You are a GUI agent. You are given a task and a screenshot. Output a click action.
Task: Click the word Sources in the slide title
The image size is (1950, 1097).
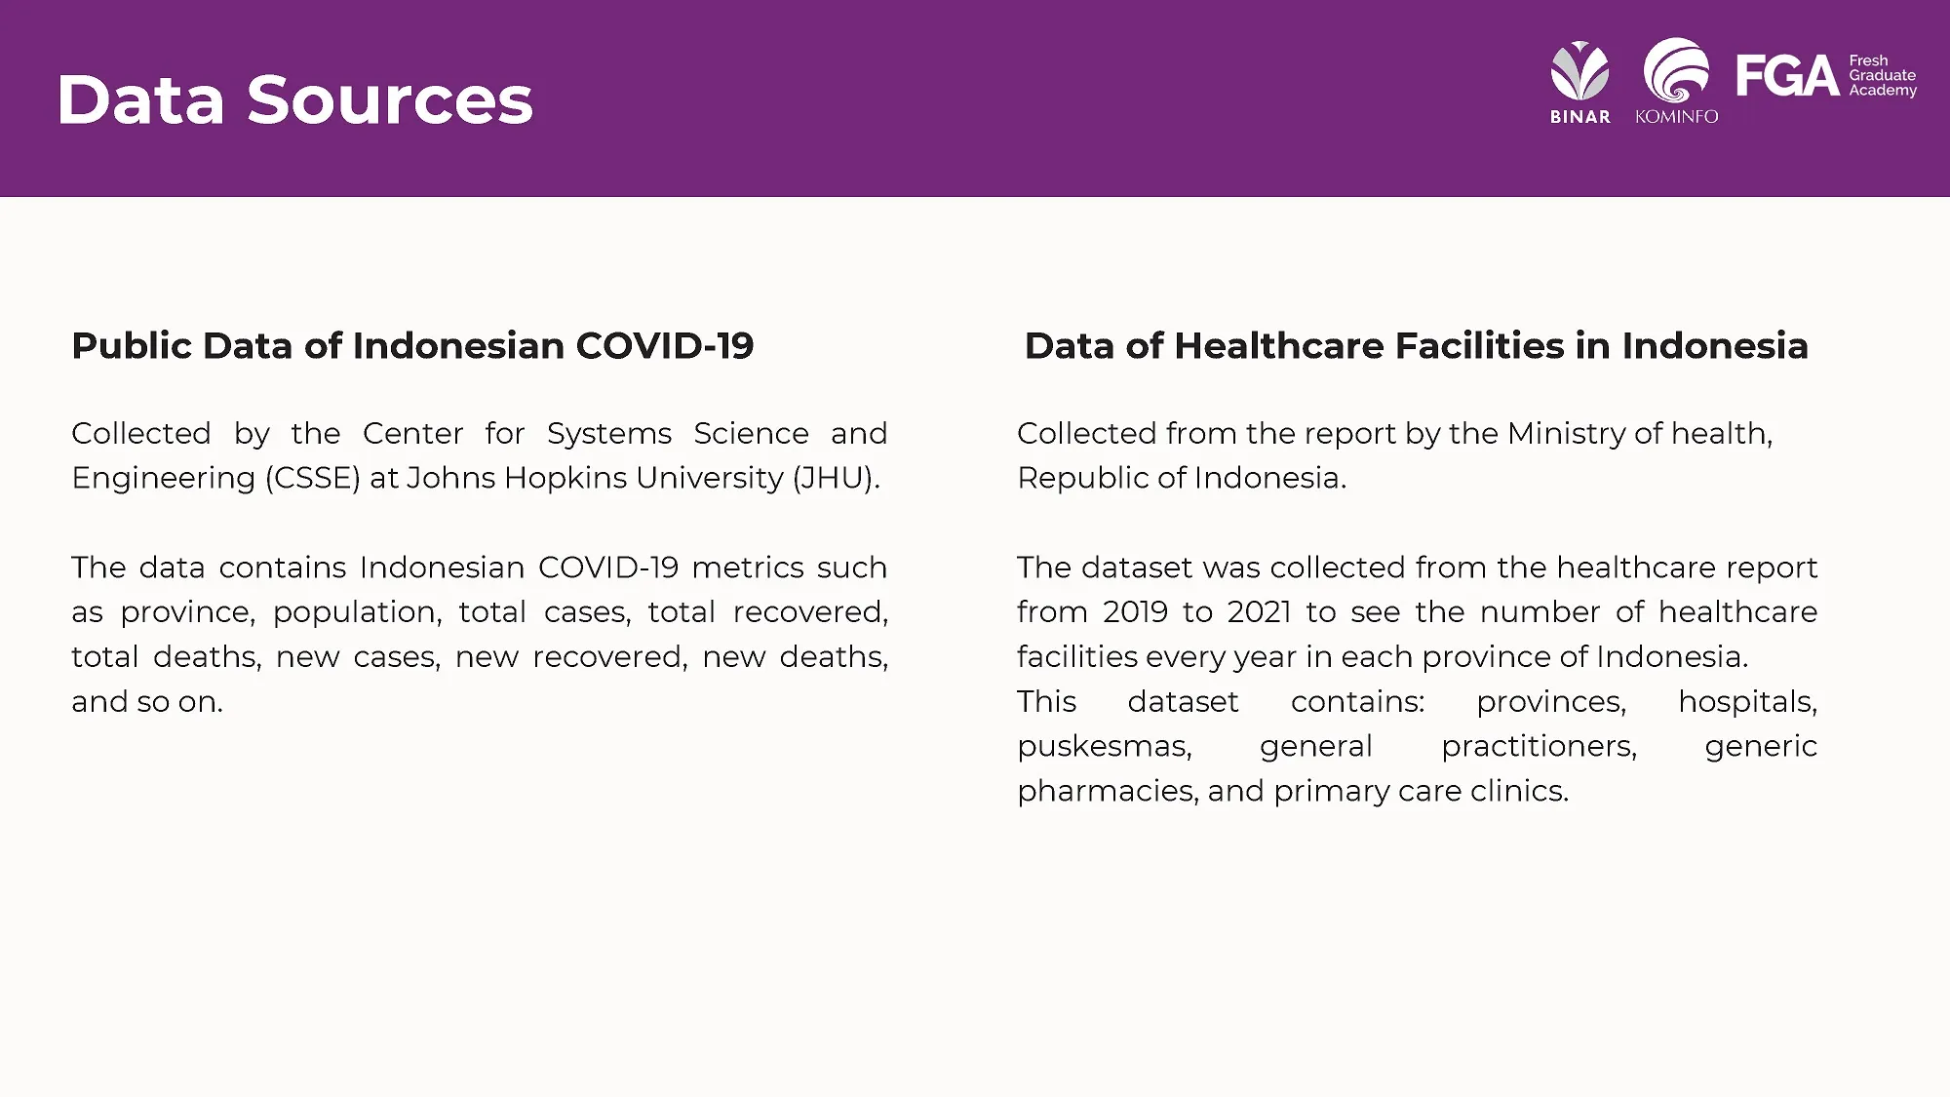pos(390,99)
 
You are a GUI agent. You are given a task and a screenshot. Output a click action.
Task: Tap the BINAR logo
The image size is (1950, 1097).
pos(1580,82)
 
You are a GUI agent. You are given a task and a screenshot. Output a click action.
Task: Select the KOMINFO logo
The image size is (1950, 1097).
pos(1676,81)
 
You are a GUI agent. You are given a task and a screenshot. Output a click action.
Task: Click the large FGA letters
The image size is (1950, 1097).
pos(1787,76)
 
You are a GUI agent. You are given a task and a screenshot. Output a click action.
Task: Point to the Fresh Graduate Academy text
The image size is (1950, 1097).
pos(1883,75)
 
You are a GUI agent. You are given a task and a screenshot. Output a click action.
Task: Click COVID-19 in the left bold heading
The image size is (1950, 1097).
pos(665,346)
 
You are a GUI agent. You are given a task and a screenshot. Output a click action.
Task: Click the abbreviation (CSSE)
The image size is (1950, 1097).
pos(313,478)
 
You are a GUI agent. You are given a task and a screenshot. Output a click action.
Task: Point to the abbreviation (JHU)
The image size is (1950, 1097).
pos(835,478)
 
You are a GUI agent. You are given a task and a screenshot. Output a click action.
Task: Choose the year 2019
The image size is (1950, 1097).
pos(1136,612)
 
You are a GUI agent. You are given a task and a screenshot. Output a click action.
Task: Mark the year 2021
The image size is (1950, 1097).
pos(1260,612)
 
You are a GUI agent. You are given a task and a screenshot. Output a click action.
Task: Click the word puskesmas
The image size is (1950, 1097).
pos(1105,747)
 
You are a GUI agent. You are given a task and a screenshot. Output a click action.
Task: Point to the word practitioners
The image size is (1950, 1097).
pos(1540,747)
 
